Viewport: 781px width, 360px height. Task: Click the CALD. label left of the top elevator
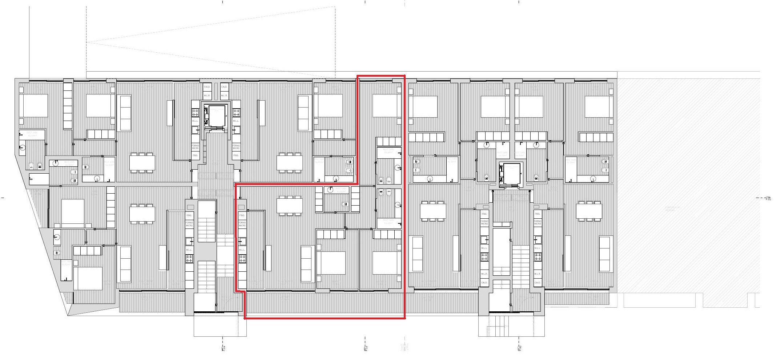[207, 87]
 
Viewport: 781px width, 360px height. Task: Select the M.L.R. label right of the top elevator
[224, 96]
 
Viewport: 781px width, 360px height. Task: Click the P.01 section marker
[768, 199]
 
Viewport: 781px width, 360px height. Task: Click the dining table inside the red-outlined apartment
[290, 206]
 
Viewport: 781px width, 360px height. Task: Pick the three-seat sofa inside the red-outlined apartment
[306, 264]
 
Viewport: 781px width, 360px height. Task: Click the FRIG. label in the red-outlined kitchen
[242, 215]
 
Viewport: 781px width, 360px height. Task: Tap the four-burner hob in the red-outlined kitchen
[242, 258]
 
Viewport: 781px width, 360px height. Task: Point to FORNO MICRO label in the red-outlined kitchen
[242, 224]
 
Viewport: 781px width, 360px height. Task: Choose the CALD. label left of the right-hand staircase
[484, 283]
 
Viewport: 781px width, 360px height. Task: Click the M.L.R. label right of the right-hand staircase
[538, 274]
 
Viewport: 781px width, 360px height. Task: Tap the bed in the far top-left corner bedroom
[33, 106]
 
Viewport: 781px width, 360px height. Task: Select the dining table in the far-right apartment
[589, 211]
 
